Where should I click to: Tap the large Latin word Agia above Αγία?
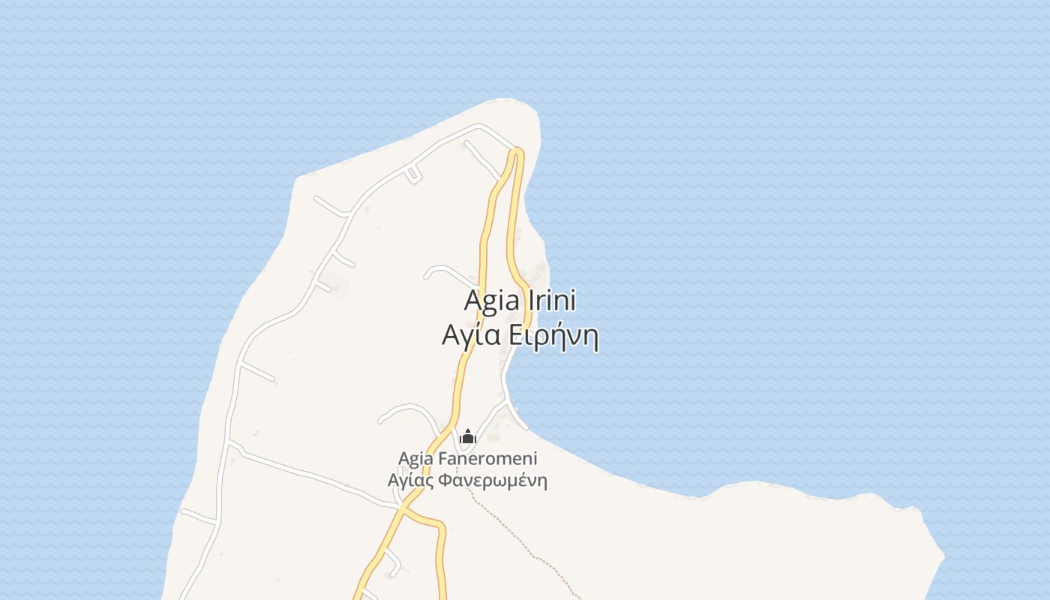492,301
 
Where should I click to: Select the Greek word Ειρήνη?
553,337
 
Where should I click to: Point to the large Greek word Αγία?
471,337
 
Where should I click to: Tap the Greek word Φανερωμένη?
492,480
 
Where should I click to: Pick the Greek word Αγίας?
409,480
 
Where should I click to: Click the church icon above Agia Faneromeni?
468,436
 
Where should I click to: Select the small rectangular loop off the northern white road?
412,176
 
